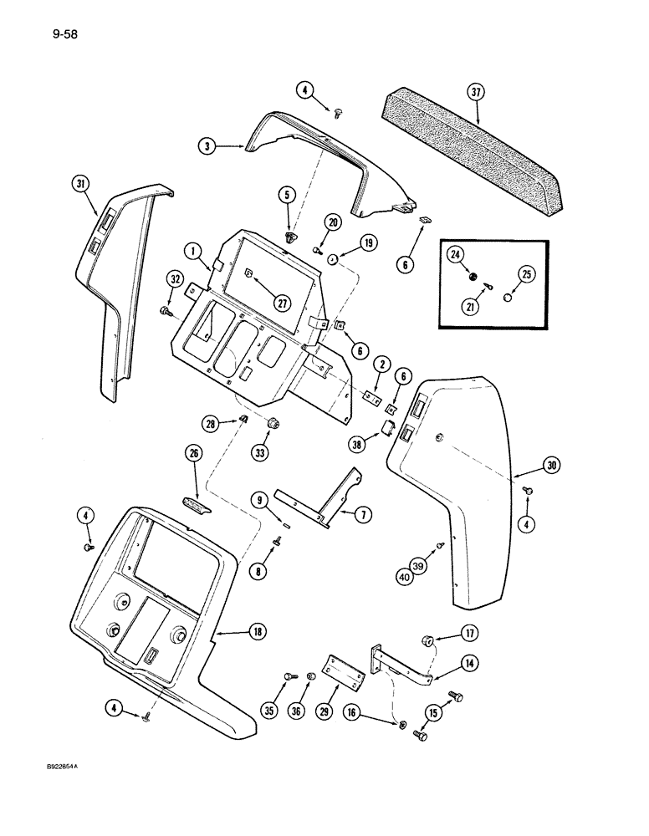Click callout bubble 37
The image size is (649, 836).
(x=476, y=93)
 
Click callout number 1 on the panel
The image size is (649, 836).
(x=192, y=250)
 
